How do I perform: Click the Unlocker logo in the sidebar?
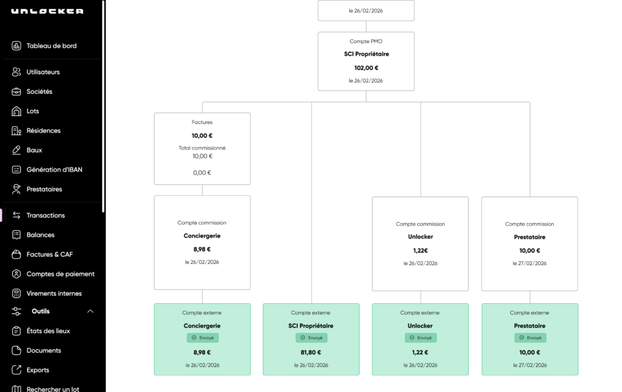click(47, 11)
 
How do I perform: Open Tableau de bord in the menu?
click(52, 46)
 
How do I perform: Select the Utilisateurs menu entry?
click(43, 72)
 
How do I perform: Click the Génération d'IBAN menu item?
click(54, 170)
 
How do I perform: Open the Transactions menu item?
click(46, 215)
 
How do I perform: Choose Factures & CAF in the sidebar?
click(50, 254)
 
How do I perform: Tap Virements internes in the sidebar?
click(54, 293)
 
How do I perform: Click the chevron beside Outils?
click(91, 311)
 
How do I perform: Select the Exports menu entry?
click(38, 370)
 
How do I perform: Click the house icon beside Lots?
click(16, 111)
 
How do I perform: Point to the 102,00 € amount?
click(366, 68)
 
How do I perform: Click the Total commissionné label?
click(202, 148)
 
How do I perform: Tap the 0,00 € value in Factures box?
click(202, 173)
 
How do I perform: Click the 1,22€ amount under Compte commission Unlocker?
click(420, 250)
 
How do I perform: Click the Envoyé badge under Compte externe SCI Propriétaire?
click(312, 338)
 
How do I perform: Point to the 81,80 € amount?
click(311, 352)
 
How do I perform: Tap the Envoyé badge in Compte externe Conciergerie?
click(203, 338)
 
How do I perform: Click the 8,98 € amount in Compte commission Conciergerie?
click(202, 249)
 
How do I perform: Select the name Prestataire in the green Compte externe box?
click(530, 326)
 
